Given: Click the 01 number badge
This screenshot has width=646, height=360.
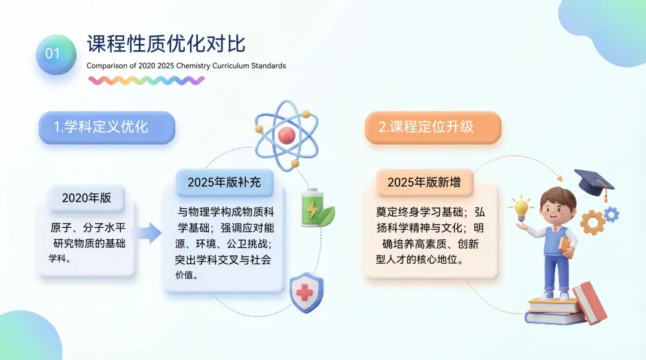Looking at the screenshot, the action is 56,54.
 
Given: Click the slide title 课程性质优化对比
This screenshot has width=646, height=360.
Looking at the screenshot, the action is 166,44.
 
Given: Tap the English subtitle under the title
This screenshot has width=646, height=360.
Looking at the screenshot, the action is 186,66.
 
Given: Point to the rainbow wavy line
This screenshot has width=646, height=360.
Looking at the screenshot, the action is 147,80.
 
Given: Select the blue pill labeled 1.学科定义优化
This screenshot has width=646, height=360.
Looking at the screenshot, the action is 106,127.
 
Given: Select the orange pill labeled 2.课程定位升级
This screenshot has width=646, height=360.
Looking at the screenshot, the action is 433,127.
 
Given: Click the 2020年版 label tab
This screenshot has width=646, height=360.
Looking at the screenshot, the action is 87,198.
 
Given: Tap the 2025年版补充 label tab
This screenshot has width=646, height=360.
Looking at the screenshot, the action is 224,182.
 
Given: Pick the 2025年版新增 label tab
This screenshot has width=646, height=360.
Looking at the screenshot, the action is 424,182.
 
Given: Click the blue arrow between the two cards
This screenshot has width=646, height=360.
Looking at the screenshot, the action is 149,233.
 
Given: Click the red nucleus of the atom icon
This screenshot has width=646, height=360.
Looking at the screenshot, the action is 287,135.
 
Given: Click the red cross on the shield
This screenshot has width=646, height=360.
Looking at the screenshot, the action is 304,293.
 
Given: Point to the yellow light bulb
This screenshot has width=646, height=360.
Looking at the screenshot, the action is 521,208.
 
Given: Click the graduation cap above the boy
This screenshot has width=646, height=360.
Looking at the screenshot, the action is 594,183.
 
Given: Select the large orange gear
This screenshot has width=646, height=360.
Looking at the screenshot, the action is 593,222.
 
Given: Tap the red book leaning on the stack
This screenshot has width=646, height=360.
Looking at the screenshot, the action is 590,303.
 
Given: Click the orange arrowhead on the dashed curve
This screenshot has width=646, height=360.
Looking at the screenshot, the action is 559,178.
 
